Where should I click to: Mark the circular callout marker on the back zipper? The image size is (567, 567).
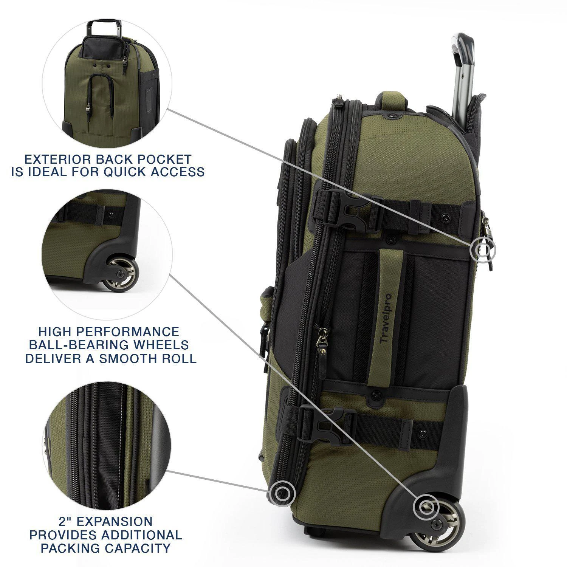482,249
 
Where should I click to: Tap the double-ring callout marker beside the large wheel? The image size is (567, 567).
427,507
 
